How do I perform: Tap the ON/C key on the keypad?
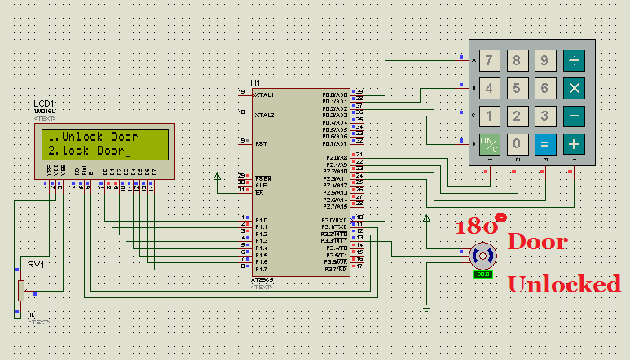489,144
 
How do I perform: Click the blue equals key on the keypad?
545,144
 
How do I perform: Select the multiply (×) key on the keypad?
575,88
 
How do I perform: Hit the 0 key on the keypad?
517,144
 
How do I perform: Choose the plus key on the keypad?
575,144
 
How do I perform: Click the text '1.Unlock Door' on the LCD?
92,137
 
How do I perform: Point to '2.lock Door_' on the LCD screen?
89,151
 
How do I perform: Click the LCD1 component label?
44,104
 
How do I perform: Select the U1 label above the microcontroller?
255,83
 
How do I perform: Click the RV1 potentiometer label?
36,266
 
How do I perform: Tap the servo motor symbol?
482,256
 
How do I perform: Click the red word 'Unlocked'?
564,284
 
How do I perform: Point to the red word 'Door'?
537,242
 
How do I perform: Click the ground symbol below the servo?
426,308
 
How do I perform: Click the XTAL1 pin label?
264,94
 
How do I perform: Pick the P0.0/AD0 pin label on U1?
335,94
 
